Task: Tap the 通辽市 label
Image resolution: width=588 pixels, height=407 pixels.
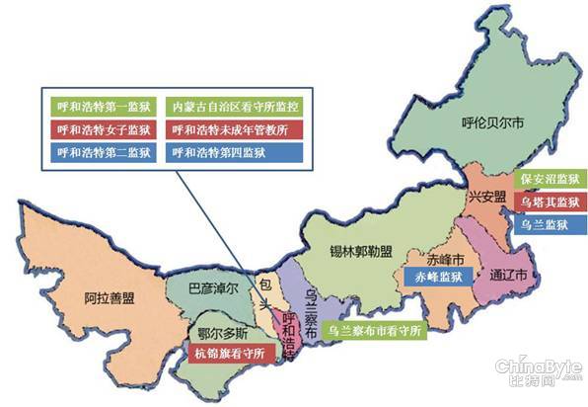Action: click(509, 276)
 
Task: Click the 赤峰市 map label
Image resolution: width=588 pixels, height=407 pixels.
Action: click(433, 254)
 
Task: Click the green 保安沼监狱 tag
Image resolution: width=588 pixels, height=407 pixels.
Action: click(550, 180)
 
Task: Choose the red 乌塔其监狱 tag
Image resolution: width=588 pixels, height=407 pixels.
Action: click(550, 203)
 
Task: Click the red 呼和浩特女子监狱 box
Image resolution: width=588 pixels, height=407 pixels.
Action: click(105, 129)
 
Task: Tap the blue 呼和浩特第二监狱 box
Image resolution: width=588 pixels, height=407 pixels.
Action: click(105, 153)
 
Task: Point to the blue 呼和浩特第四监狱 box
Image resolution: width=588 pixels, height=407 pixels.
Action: click(236, 153)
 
